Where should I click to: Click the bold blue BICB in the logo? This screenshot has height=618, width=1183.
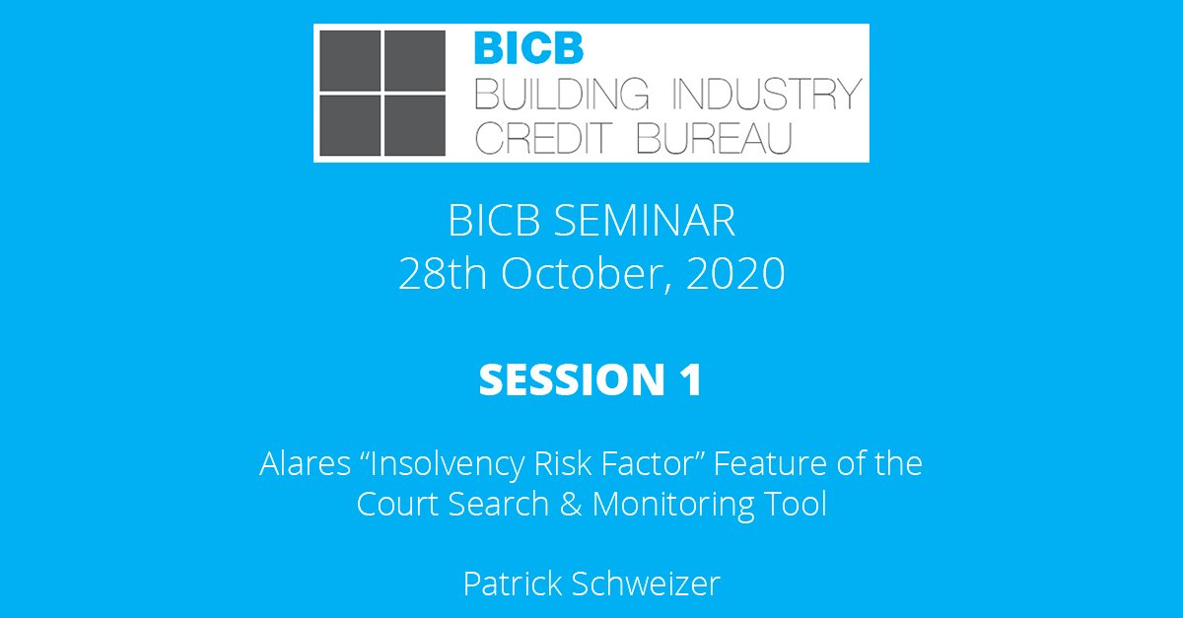pyautogui.click(x=528, y=49)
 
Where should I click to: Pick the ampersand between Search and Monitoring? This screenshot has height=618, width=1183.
pyautogui.click(x=569, y=504)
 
